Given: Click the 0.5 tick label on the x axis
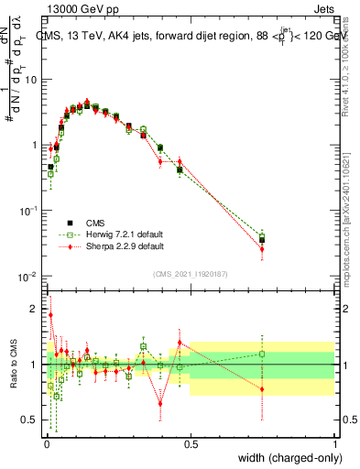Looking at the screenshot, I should (191, 444).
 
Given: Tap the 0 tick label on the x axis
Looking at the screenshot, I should (46, 444).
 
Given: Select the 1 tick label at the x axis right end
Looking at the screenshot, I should (335, 444).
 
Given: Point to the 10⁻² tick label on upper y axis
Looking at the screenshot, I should (29, 277).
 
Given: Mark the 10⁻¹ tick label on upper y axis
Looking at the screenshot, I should (29, 211).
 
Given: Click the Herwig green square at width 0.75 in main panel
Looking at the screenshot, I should (262, 236).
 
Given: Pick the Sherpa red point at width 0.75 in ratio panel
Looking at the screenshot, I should (262, 389).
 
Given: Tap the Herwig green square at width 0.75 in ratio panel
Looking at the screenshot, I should (262, 354).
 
